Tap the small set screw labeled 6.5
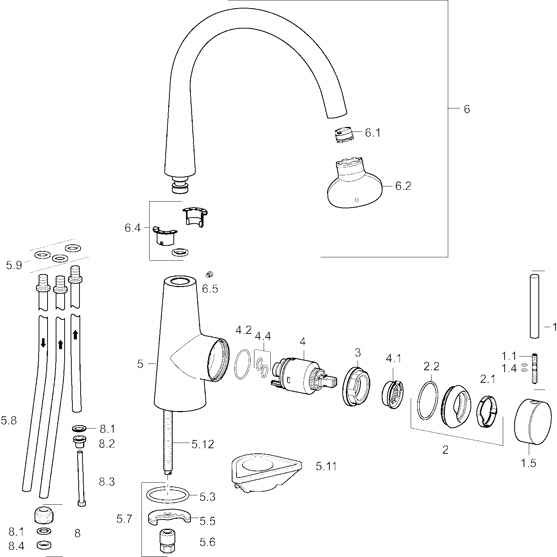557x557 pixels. [209, 274]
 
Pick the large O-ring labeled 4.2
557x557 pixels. [243, 364]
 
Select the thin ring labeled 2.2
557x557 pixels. [428, 401]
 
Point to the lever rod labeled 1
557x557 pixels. [535, 306]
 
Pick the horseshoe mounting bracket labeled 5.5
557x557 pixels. [169, 517]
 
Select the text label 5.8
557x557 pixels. [9, 421]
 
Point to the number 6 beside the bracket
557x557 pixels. [467, 109]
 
